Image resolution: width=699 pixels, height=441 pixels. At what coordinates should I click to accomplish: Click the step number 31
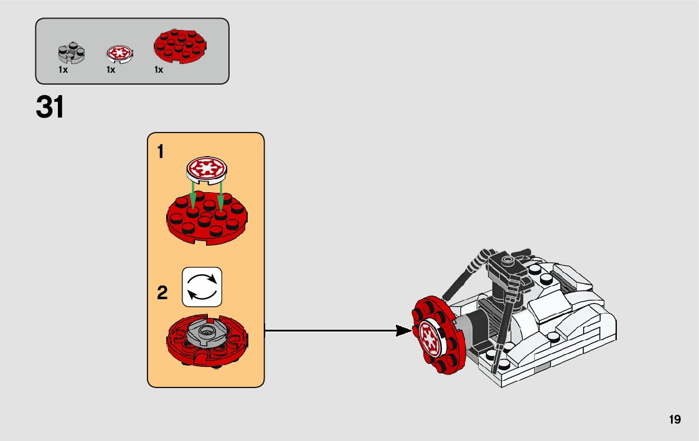click(50, 107)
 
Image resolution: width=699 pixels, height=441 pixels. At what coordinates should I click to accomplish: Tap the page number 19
click(675, 420)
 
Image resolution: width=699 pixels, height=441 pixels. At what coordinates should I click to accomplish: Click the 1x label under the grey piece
click(63, 70)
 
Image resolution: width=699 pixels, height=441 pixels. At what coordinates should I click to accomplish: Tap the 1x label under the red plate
click(159, 70)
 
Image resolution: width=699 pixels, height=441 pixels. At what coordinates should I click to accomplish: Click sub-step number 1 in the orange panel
click(161, 151)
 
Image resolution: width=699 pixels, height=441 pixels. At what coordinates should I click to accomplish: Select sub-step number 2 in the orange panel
click(162, 293)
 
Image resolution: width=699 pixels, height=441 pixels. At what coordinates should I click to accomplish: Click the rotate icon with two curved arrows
click(202, 287)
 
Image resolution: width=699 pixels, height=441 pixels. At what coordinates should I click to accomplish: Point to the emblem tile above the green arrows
click(208, 169)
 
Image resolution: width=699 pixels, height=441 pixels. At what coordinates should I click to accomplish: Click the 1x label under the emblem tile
click(111, 70)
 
